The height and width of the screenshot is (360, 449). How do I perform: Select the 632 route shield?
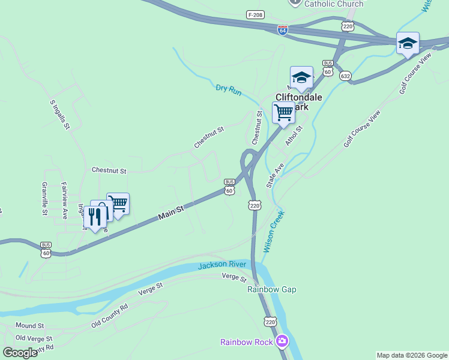click(345, 76)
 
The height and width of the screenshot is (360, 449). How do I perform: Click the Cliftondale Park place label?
click(299, 101)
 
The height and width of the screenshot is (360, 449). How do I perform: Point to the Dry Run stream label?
click(229, 91)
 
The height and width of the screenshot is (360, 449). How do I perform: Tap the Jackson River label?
click(223, 265)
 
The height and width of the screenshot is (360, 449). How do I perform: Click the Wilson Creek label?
click(273, 231)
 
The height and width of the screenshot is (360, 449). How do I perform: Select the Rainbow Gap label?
click(272, 289)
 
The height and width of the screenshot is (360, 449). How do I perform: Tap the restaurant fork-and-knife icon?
click(95, 216)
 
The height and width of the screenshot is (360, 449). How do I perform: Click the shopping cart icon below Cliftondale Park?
click(283, 112)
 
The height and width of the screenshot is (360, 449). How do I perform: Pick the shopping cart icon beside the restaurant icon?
click(118, 204)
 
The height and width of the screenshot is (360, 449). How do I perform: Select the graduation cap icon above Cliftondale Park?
click(301, 77)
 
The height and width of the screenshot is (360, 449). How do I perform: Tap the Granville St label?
click(44, 199)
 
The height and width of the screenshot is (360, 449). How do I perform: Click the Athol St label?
click(294, 136)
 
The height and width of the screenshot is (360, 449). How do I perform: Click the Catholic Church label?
click(334, 4)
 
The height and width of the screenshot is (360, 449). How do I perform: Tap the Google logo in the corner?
click(20, 352)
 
